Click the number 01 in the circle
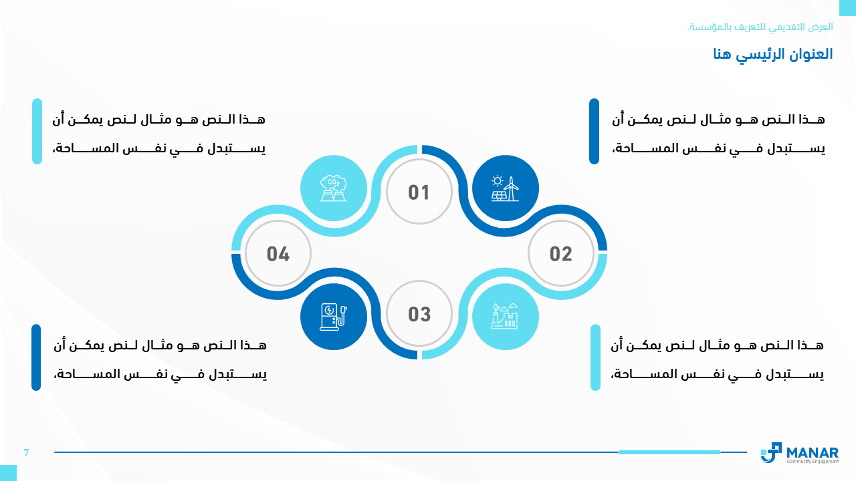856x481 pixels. tap(419, 192)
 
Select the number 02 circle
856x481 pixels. tap(560, 253)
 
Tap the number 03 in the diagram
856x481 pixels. tap(419, 314)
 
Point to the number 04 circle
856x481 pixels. tap(278, 253)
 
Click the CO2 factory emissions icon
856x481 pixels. tap(333, 188)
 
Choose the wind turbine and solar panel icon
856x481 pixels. tap(505, 188)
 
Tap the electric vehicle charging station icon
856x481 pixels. tap(333, 317)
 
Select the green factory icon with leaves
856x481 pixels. tap(505, 316)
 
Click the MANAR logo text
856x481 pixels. tap(813, 453)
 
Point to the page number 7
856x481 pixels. tap(26, 453)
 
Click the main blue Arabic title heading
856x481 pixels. tap(772, 54)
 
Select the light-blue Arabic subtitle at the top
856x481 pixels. tap(760, 27)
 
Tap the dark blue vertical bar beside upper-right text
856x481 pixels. tap(594, 132)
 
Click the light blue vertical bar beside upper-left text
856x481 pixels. tap(37, 132)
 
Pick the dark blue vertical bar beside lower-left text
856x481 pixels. tap(36, 357)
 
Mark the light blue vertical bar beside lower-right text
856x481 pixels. tap(595, 357)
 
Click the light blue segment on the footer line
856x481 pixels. tap(669, 452)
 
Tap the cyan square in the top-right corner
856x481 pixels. tap(847, 7)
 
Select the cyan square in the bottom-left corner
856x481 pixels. tap(8, 473)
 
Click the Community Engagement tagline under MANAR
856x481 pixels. tap(813, 462)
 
